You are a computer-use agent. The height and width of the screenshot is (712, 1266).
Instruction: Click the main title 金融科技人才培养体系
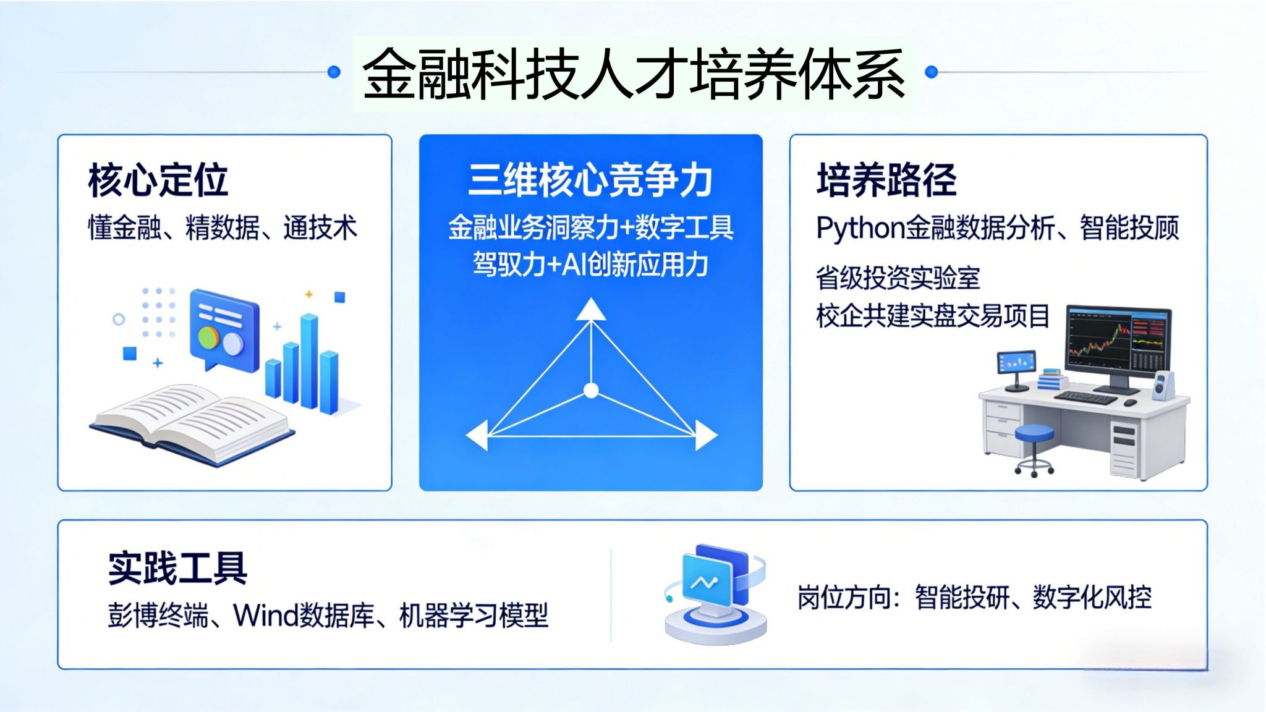[x=634, y=74]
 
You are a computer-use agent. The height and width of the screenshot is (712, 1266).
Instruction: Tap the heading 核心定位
[x=158, y=180]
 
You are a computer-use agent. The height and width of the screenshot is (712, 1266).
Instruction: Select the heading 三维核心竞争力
[x=590, y=180]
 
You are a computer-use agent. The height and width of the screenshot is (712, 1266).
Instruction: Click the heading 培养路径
[x=886, y=180]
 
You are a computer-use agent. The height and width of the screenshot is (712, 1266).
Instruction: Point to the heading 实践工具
[x=178, y=568]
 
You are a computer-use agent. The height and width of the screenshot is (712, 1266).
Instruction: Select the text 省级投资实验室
[x=898, y=278]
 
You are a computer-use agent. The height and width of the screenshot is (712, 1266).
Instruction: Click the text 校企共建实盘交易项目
[x=933, y=316]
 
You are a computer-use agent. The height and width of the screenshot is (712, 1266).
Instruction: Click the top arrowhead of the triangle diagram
[x=591, y=309]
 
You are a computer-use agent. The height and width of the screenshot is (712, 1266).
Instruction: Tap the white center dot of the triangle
[x=591, y=391]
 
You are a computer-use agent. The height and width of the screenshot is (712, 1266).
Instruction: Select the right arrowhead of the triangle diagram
[x=706, y=435]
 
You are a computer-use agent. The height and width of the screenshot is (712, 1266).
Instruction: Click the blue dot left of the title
[x=334, y=72]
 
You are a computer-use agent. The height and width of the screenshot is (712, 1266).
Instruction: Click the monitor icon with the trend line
[x=715, y=594]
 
